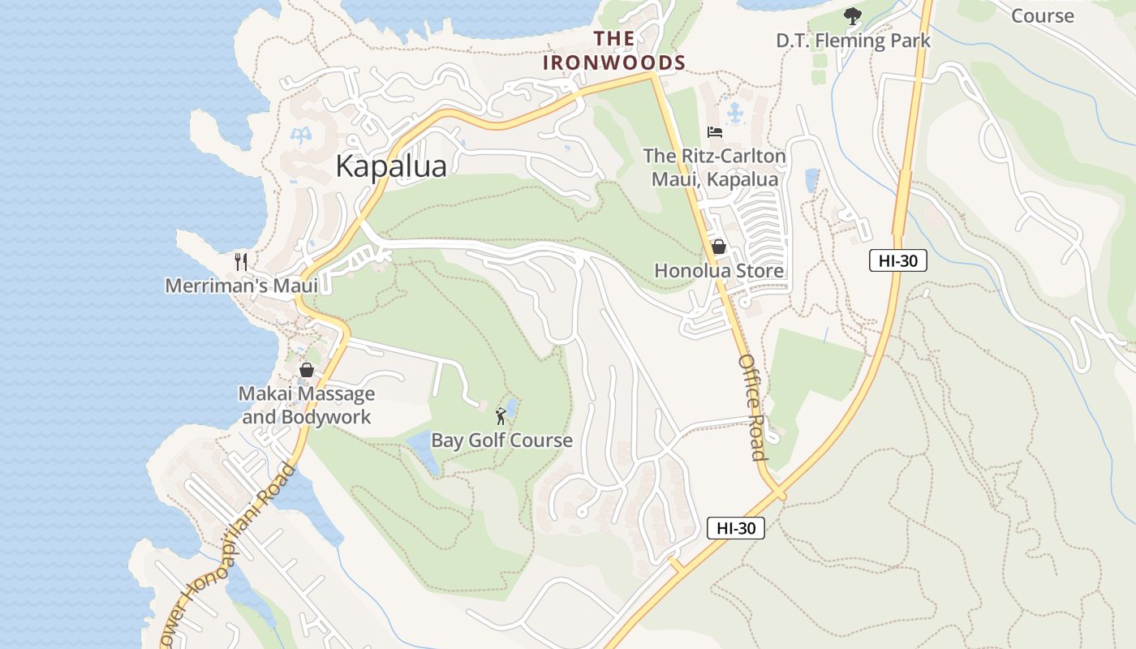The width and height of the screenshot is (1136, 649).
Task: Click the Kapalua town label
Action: pos(390,166)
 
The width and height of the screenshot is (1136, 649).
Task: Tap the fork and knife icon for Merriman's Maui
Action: pos(240,261)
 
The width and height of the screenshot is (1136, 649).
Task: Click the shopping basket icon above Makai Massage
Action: pos(307,370)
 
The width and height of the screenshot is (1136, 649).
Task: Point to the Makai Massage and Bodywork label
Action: pos(307,406)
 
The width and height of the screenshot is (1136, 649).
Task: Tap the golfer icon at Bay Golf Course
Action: pos(501,417)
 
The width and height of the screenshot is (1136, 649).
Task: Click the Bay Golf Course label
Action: pos(501,441)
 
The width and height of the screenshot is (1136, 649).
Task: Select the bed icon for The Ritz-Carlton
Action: pos(715,131)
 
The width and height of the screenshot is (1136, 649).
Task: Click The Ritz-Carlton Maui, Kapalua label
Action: pos(715,168)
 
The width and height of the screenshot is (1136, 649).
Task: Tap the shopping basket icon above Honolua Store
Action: pos(719,247)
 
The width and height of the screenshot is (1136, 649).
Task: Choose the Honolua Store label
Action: pos(719,271)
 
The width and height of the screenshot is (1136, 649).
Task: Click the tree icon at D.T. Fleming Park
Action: pos(852,15)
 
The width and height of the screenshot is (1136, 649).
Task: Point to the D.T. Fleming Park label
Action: pos(853,41)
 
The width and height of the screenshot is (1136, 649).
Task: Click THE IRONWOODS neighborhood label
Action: pos(614,50)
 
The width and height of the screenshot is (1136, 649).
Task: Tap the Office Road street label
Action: pos(752,407)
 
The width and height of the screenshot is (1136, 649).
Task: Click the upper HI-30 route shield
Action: pos(897,260)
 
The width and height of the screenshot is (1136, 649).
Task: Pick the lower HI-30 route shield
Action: pos(736,528)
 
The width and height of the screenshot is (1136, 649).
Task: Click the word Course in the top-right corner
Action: pos(1042,15)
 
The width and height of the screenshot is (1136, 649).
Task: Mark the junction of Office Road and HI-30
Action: pos(777,492)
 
